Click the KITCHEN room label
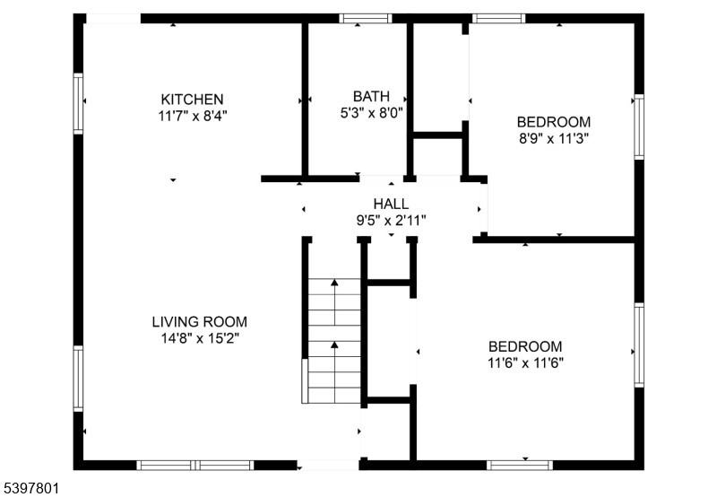(x=192, y=100)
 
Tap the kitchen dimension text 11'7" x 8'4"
(x=193, y=117)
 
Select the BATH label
(x=371, y=96)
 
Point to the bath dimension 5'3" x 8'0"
(x=371, y=112)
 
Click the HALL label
(x=391, y=204)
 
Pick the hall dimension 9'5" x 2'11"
(x=391, y=221)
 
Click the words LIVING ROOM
(x=199, y=322)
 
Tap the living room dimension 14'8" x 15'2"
(x=200, y=338)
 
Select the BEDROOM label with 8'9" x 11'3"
(x=553, y=122)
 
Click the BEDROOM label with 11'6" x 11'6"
(x=525, y=346)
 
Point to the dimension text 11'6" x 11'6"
(x=525, y=363)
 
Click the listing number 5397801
(x=30, y=488)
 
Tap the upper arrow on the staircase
(x=334, y=301)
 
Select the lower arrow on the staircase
(x=334, y=371)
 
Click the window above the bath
(x=366, y=19)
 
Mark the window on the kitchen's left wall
(x=78, y=103)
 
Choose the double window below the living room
(x=195, y=465)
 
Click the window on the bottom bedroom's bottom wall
(x=520, y=465)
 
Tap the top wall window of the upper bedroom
(x=498, y=19)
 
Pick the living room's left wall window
(x=78, y=379)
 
